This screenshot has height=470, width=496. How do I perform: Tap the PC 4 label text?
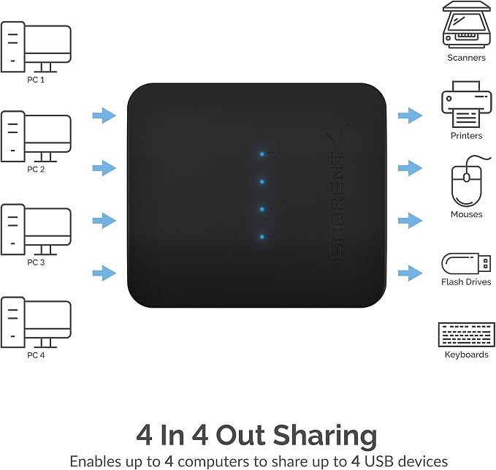(36, 355)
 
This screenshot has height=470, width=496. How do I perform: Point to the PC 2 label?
(36, 170)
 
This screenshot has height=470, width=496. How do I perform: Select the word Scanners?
(466, 58)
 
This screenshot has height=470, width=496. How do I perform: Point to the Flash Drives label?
(466, 281)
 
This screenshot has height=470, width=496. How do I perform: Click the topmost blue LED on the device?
(262, 154)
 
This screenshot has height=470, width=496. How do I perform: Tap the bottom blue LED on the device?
(262, 237)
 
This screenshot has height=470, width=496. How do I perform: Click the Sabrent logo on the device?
(337, 190)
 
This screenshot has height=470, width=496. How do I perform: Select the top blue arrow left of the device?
(104, 115)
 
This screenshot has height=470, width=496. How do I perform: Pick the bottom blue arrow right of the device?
(410, 273)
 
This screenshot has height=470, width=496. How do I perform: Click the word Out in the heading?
(240, 435)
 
